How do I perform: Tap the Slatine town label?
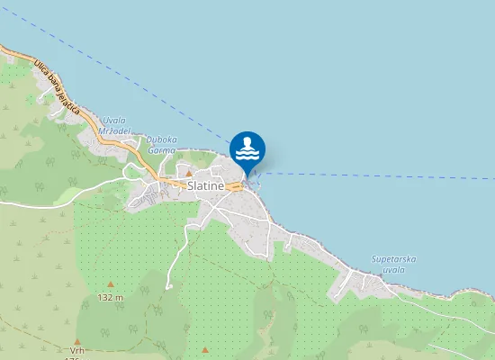[206, 185]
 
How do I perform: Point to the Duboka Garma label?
[162, 145]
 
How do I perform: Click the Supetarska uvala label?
[394, 264]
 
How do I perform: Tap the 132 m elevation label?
[111, 297]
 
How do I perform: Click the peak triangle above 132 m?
[111, 283]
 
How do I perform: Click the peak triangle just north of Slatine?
[189, 174]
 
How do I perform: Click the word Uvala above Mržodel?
[114, 120]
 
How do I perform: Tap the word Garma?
[162, 150]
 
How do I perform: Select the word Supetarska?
[394, 259]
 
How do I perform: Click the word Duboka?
[162, 139]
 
